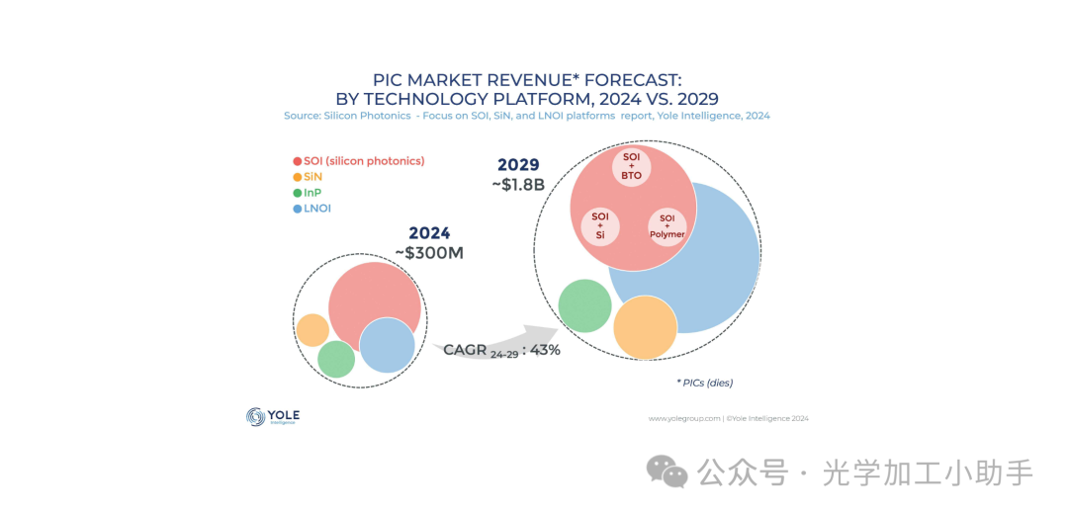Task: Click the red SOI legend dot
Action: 298,161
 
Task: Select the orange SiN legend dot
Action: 298,177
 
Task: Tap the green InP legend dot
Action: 298,193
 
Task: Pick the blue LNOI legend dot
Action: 298,209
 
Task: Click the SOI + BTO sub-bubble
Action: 632,166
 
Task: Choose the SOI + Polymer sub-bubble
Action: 667,226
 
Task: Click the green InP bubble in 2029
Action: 584,305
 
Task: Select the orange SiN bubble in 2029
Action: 645,327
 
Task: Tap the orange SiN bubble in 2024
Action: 312,330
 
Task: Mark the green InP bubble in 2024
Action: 336,359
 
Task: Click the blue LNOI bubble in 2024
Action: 387,346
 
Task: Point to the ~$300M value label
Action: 429,253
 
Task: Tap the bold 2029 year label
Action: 518,164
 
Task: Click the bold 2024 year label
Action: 429,233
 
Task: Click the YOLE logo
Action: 272,417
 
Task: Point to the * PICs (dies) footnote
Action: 704,383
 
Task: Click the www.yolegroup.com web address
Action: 683,418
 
